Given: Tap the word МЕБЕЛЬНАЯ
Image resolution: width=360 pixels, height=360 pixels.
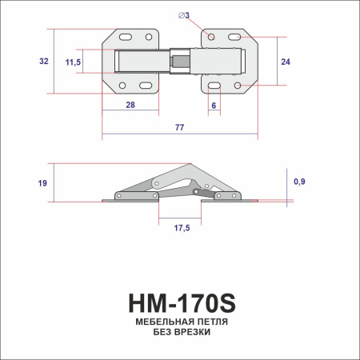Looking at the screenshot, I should [x=154, y=322].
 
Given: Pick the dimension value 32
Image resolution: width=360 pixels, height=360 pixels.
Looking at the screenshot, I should [x=44, y=61].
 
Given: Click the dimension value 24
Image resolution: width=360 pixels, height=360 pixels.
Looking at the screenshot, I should [x=286, y=61].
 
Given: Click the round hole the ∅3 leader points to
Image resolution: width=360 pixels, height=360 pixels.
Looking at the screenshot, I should [x=207, y=38].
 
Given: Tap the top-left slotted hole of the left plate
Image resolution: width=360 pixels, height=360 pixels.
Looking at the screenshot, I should [x=126, y=37].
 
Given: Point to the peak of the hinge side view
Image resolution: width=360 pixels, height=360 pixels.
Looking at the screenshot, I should [x=190, y=166].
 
